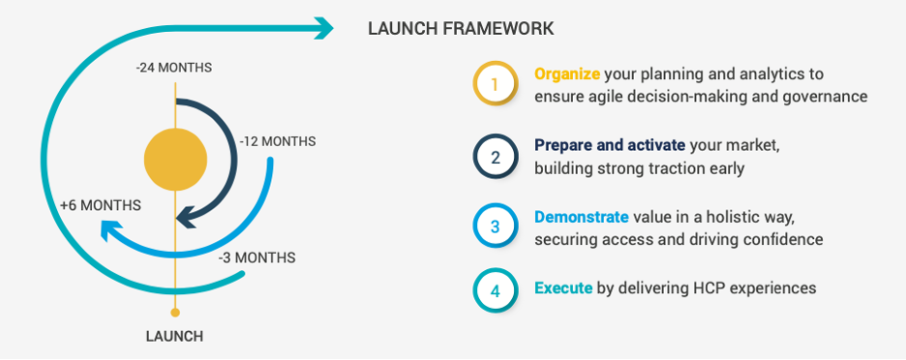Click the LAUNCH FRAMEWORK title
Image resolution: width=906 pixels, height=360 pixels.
point(461,28)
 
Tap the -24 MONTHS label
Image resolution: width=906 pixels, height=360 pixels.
point(174,68)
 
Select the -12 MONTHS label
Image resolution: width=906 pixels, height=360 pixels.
point(278,141)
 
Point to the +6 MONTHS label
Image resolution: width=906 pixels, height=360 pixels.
point(101,205)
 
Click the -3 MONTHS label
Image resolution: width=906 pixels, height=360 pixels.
point(257,257)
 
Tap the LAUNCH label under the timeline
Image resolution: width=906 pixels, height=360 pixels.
point(174,337)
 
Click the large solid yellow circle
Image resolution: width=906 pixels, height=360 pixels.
point(175,160)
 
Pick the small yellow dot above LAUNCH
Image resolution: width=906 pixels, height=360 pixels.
point(175,313)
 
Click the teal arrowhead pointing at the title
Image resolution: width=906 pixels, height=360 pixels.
point(323,28)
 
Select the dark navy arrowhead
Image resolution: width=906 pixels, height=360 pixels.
point(188,219)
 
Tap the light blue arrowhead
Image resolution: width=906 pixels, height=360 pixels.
point(112,230)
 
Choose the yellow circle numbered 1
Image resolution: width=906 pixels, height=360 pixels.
point(495,84)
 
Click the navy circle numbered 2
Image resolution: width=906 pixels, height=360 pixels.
point(495,156)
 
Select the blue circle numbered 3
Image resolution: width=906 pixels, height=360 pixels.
point(495,225)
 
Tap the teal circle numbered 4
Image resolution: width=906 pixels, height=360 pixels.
point(495,290)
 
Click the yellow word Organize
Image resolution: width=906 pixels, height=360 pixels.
point(567,75)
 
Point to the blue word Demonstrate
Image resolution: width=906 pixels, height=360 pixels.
point(582,218)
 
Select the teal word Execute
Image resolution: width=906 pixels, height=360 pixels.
point(563,287)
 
